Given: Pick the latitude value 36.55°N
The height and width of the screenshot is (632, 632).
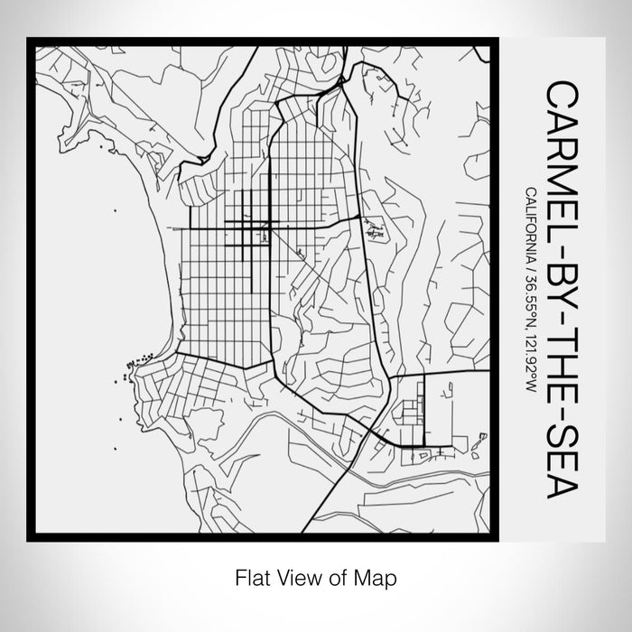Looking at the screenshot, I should (x=527, y=297).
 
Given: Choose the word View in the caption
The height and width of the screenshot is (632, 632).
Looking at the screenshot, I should (x=296, y=576).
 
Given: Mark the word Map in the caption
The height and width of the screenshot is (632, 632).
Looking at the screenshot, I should (x=378, y=576).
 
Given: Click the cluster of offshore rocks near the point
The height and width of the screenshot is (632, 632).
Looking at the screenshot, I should (x=124, y=366).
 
